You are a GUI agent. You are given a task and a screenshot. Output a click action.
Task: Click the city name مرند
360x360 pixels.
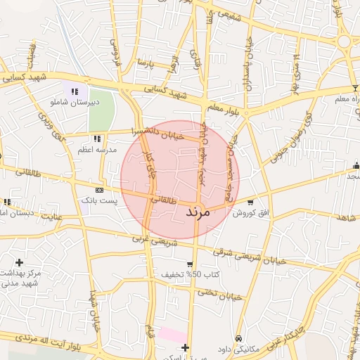pos(205,211)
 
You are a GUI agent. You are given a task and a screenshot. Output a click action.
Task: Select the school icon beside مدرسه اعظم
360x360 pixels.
pos(97,138)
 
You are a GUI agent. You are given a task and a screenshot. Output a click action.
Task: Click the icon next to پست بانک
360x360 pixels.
pos(99,190)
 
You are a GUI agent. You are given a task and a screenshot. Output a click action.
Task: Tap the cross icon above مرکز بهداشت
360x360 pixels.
pos(19,262)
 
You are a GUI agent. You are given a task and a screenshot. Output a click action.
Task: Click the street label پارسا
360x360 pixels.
pos(146,64)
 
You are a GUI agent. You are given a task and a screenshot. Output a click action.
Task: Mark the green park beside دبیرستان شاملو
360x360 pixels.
pos(101,105)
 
